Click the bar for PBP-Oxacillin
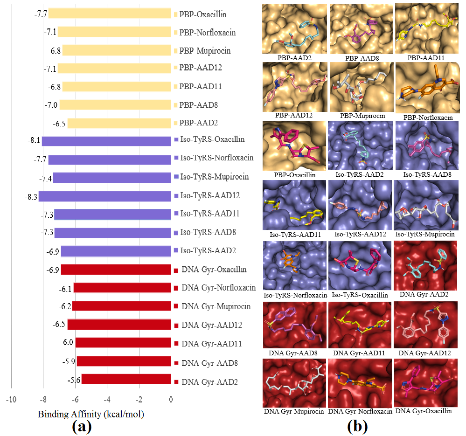point(110,14)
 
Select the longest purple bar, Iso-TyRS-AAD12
point(104,196)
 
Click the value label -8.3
point(31,196)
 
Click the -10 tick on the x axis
point(11,400)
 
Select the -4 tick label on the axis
point(107,400)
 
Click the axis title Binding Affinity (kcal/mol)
point(91,414)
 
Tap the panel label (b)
point(357,426)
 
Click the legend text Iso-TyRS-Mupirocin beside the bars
point(215,177)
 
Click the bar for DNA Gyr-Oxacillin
point(116,270)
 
